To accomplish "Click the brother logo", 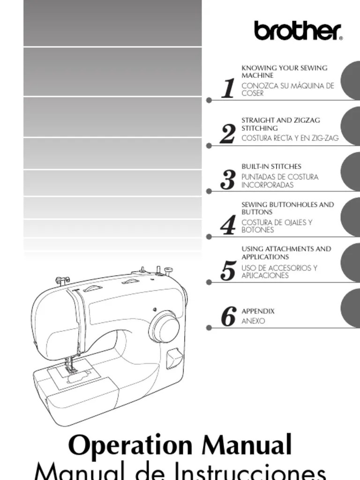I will [x=298, y=30].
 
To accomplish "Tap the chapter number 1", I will [x=228, y=89].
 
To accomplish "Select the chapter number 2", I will [x=228, y=134].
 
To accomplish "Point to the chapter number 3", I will [x=228, y=180].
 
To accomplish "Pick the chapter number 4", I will [x=228, y=225].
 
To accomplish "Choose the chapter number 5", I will [x=228, y=271].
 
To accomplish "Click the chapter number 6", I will [x=228, y=317].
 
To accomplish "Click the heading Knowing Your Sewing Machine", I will [x=284, y=72].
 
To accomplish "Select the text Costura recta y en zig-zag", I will [x=290, y=138].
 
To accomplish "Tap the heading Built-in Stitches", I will [x=271, y=166].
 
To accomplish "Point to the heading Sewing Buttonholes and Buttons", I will [x=287, y=208].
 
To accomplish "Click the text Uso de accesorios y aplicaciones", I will [x=279, y=271].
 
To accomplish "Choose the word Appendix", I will [x=258, y=311].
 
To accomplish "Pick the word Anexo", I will [x=253, y=321].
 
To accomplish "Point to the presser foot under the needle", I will [x=72, y=370].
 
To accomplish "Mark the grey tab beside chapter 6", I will [x=350, y=308].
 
